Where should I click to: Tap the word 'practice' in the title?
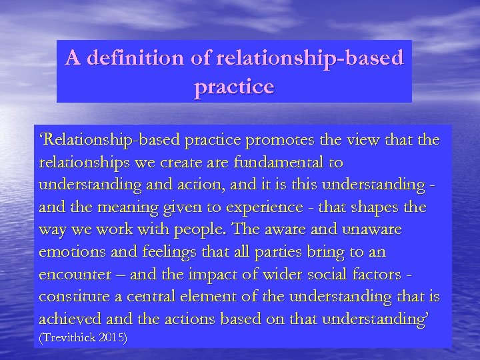(x=234, y=87)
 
